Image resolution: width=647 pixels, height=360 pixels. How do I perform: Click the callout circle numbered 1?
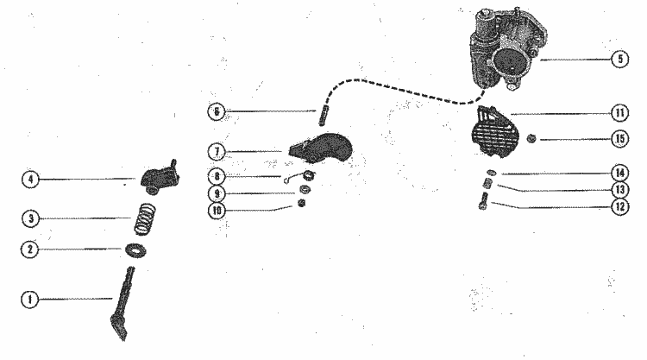29,300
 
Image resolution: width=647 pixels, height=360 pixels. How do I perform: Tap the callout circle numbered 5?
619,59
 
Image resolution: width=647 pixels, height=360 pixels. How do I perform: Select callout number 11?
619,113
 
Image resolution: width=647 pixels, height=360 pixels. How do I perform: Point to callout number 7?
217,152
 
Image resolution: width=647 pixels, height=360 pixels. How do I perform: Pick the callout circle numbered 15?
619,139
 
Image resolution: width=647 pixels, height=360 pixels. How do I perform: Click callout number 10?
217,211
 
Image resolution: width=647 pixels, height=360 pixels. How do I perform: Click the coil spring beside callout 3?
145,219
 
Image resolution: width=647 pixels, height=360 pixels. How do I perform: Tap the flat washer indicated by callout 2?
135,250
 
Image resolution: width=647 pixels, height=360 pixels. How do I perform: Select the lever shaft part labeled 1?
122,306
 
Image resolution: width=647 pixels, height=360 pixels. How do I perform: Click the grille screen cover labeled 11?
493,132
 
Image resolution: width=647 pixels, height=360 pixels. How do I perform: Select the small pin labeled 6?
322,117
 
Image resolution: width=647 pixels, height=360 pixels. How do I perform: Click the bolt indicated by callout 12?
484,201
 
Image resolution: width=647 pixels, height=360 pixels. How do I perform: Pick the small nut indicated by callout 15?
531,139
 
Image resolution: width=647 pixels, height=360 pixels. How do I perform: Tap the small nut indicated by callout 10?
302,203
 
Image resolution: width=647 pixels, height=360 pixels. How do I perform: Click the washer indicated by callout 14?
492,173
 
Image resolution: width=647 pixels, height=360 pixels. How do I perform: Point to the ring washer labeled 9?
305,190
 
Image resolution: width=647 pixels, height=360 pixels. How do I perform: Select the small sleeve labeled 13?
487,183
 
